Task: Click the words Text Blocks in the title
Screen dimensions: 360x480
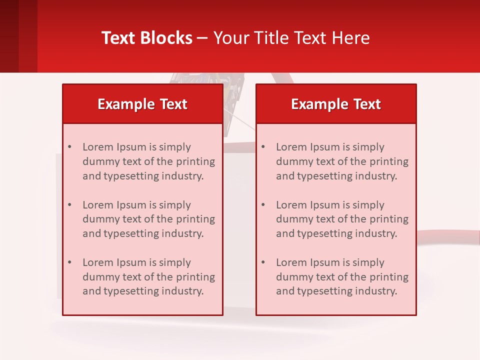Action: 146,38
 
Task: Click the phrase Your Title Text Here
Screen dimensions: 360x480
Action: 291,38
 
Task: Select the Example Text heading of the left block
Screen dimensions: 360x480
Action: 142,104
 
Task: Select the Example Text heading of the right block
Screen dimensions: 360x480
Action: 336,104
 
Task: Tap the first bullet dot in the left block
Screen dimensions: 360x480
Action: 69,147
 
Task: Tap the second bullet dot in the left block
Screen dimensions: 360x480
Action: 69,205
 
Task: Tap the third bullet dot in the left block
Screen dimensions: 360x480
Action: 69,262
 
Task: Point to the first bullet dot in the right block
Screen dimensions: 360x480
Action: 263,147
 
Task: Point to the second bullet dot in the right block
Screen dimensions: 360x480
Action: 263,205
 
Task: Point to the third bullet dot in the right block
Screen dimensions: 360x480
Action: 263,262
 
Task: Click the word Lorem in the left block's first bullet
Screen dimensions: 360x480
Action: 97,147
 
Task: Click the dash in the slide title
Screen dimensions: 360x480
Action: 202,38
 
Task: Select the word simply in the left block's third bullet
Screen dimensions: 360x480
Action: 174,262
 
